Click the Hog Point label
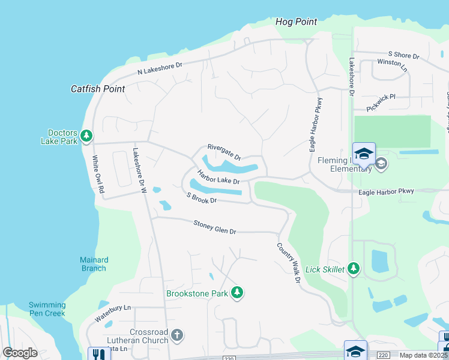(x=296, y=22)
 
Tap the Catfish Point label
(x=98, y=89)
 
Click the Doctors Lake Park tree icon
(x=86, y=136)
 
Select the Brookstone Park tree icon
(x=238, y=293)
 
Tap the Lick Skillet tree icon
(x=354, y=269)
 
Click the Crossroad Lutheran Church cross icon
(x=176, y=335)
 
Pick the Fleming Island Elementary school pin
(x=364, y=155)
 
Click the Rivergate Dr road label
(x=224, y=152)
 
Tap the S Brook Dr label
(x=201, y=197)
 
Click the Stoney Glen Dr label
(x=215, y=227)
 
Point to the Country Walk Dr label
(x=288, y=263)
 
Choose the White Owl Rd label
(x=97, y=175)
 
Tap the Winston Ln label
(x=392, y=65)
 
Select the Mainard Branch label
(x=94, y=264)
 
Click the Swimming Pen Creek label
(x=47, y=309)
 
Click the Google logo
(x=20, y=353)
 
